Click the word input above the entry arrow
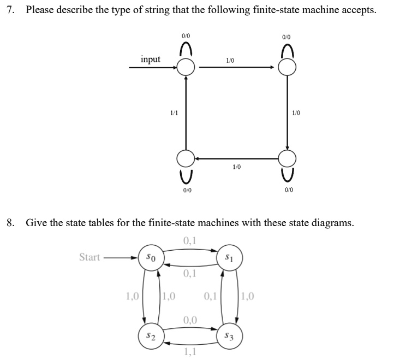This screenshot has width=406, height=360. pyautogui.click(x=150, y=59)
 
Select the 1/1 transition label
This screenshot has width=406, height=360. pyautogui.click(x=174, y=113)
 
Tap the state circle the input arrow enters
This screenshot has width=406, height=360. pyautogui.click(x=186, y=68)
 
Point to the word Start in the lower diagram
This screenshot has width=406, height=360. pyautogui.click(x=89, y=257)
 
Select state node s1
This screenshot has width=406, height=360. pyautogui.click(x=229, y=257)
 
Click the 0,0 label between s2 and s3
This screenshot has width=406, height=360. pyautogui.click(x=190, y=320)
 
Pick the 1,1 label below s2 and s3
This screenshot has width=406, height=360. pyautogui.click(x=190, y=353)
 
